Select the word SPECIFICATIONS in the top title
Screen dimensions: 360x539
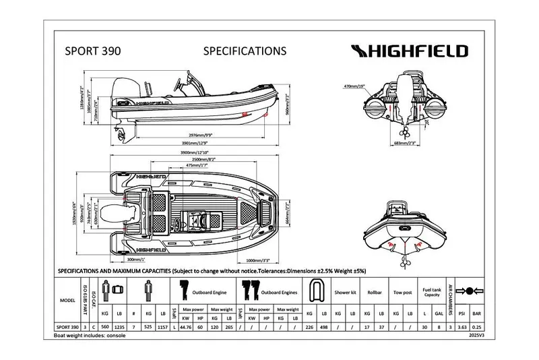coord(245,51)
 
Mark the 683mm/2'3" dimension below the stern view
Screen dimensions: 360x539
coord(402,143)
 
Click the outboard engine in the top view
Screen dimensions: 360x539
coord(132,212)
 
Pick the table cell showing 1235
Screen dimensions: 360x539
coord(120,326)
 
